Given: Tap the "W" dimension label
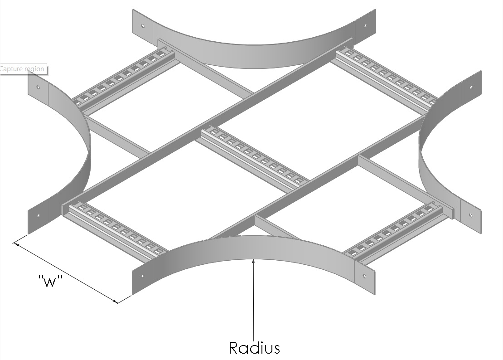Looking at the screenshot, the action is [49, 282].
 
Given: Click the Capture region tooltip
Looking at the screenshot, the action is [23, 69].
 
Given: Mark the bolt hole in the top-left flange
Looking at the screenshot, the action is [143, 26].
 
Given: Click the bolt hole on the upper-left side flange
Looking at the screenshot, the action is [39, 87].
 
